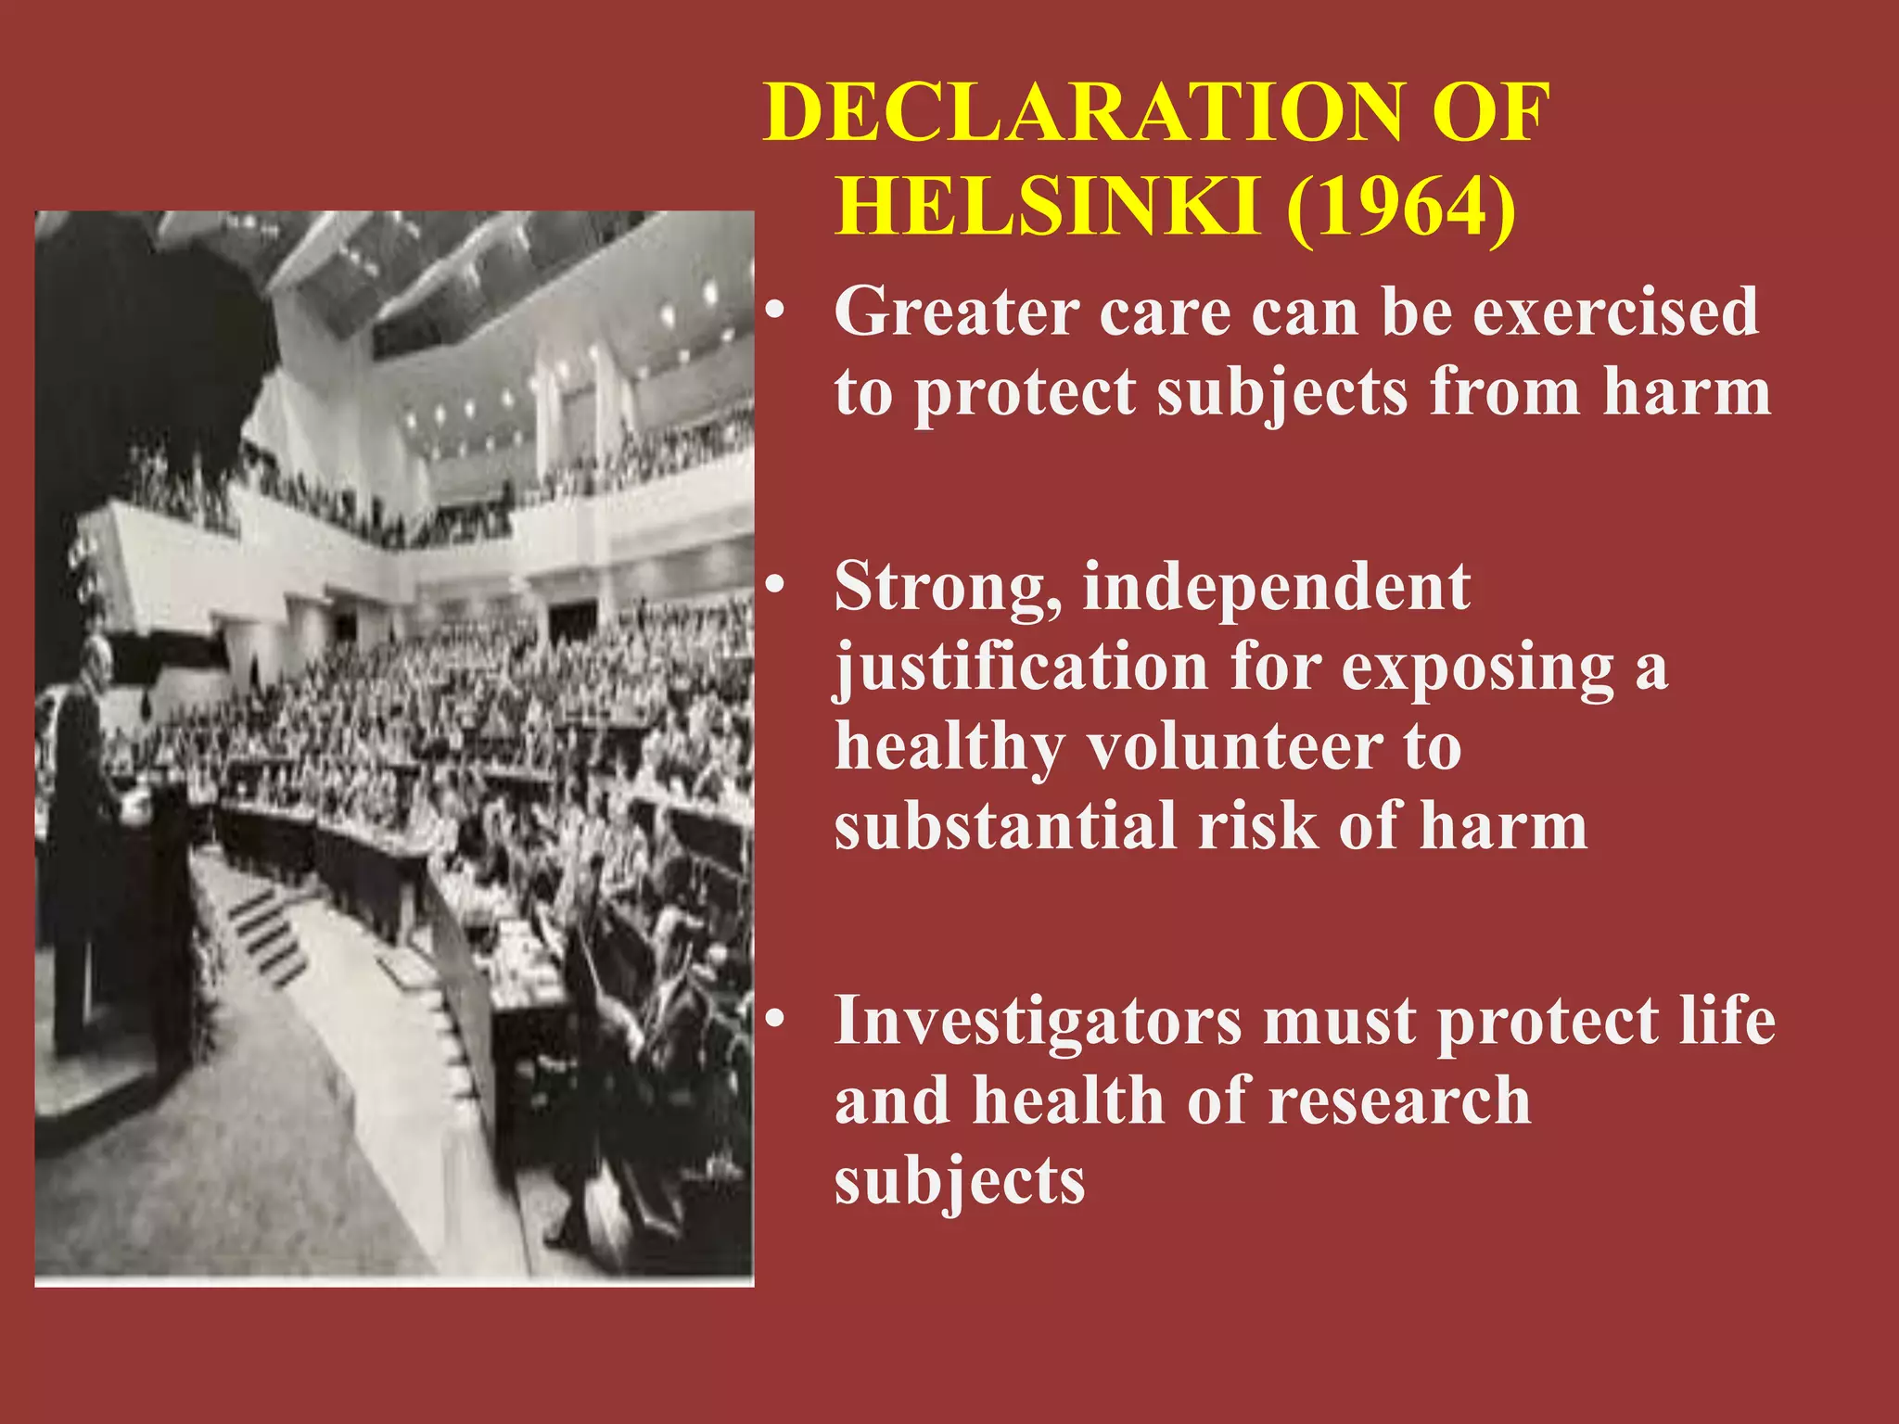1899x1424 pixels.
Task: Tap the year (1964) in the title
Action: (1401, 209)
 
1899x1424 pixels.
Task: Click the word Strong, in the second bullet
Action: (948, 590)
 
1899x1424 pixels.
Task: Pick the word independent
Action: (1276, 588)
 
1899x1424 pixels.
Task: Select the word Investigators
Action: (1037, 1021)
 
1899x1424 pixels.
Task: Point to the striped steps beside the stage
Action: (269, 936)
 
